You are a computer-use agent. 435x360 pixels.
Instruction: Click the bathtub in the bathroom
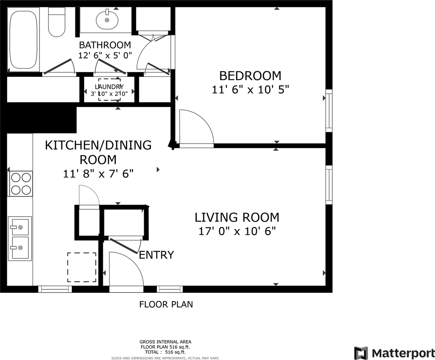tap(23, 40)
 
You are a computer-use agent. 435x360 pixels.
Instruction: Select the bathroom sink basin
tap(107, 20)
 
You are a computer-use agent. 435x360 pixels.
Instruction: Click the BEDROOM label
tap(250, 76)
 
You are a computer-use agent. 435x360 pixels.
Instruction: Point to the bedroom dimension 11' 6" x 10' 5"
tap(250, 90)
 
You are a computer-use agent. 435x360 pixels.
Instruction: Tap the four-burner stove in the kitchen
tap(21, 183)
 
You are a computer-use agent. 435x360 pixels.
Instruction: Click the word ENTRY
tap(157, 255)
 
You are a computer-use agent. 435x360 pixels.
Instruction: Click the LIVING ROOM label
tap(237, 217)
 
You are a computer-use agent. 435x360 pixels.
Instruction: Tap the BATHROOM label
tap(105, 45)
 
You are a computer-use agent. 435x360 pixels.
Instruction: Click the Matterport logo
tap(394, 353)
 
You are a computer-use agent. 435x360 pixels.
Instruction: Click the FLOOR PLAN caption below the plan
tap(166, 304)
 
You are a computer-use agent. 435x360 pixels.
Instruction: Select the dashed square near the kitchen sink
tap(81, 267)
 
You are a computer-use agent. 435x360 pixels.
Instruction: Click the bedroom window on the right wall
tap(329, 110)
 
